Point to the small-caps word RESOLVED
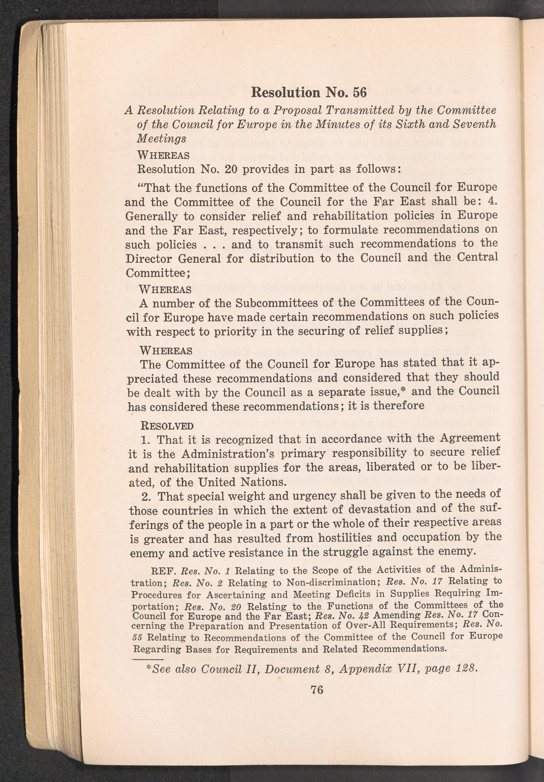pos(167,426)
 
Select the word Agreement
pos(470,438)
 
